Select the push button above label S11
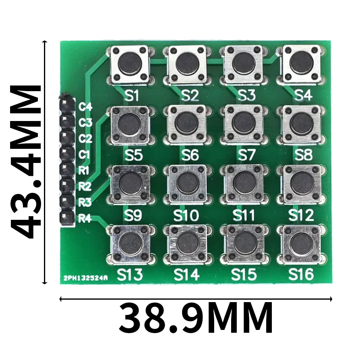(245, 184)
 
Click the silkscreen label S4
(303, 95)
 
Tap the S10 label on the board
(186, 215)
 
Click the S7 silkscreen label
(246, 154)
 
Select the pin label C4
(85, 107)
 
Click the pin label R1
(83, 171)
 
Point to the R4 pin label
(85, 219)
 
